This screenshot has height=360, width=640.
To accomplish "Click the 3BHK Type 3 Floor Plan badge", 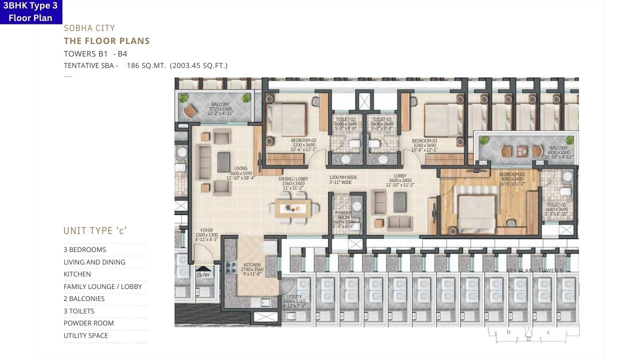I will coord(30,12).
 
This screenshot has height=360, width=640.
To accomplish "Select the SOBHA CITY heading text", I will coord(89,28).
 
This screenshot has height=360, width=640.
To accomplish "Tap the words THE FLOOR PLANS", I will coord(106,41).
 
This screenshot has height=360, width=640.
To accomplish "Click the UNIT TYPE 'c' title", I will coord(95,230).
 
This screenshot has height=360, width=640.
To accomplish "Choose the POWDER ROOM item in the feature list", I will coord(88,323).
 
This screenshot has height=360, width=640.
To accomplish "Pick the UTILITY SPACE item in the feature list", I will coord(85,335).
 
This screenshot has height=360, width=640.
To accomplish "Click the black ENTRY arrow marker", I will coord(203,269).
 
